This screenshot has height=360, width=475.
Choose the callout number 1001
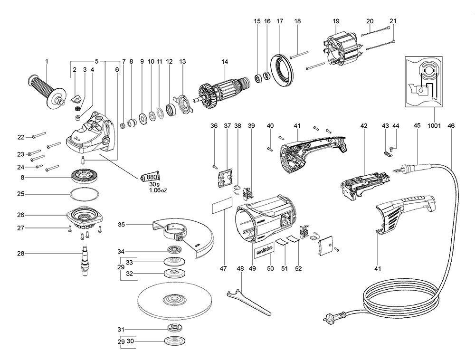[434, 125]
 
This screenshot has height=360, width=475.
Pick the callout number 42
[364, 125]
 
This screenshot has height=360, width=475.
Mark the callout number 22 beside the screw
[21, 137]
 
